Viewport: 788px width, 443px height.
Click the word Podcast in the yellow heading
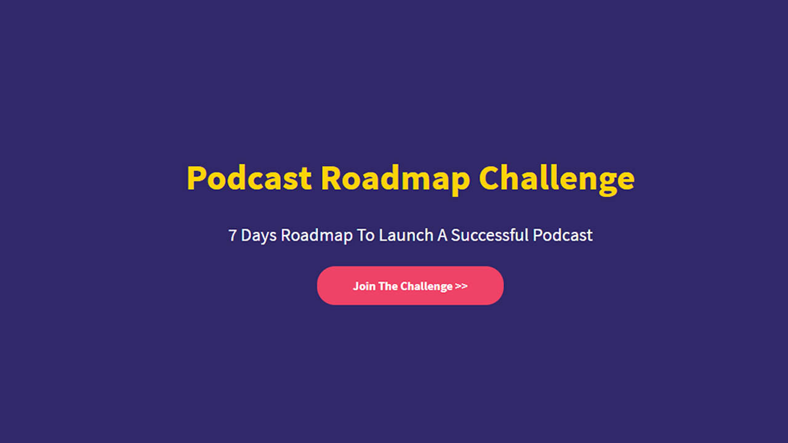(x=249, y=178)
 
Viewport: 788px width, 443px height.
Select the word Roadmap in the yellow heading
(x=395, y=178)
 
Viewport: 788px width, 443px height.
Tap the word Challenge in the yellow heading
(x=557, y=178)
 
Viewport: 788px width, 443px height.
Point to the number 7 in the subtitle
(x=232, y=235)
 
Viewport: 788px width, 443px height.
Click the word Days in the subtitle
(x=259, y=235)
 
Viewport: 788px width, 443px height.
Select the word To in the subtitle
(x=366, y=235)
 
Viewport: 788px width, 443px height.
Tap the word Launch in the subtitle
(x=406, y=235)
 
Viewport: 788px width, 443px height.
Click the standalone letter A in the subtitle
(x=441, y=235)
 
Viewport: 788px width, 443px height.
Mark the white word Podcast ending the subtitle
(x=563, y=235)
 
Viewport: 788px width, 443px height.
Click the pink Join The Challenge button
(x=410, y=285)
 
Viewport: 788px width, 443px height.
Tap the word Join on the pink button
(x=364, y=286)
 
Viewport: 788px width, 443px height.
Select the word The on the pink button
(x=388, y=286)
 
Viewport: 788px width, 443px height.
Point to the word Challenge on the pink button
(x=426, y=286)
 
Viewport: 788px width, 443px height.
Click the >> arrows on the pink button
(x=461, y=286)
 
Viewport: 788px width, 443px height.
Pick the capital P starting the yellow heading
(x=196, y=178)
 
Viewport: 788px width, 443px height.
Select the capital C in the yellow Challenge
(x=489, y=178)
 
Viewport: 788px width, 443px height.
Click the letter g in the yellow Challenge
(x=607, y=182)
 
